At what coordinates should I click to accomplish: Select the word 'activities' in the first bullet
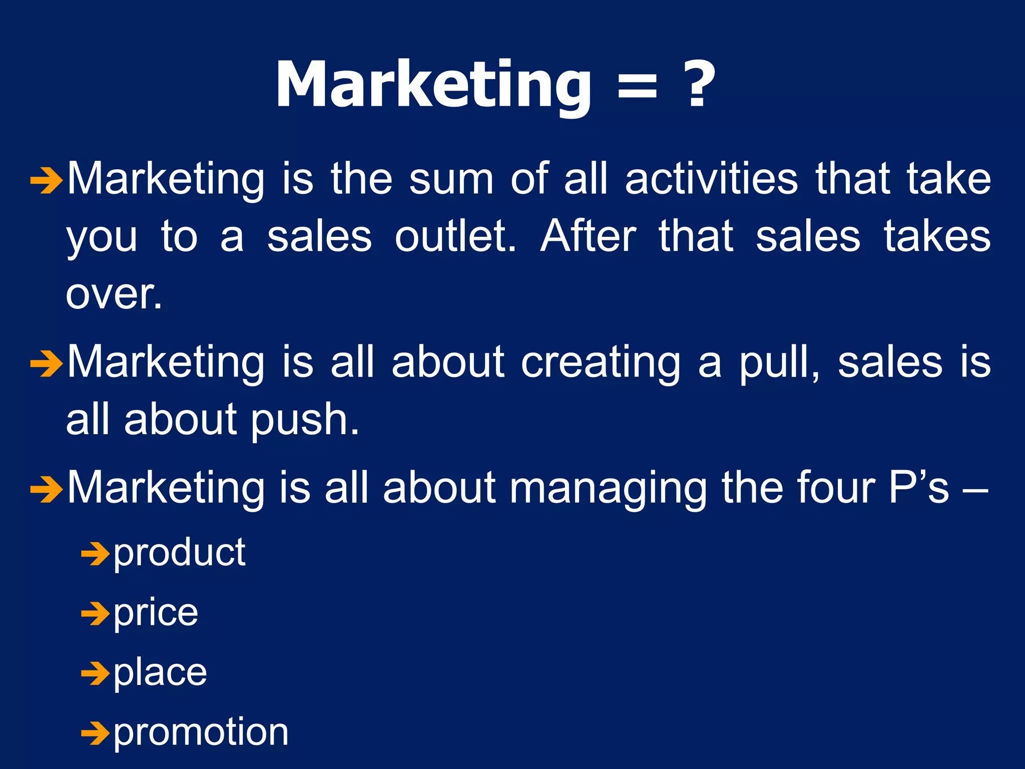coord(711,179)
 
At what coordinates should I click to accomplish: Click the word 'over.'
coord(114,295)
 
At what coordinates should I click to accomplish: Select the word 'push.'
coord(305,421)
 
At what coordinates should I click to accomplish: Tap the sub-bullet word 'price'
coord(156,613)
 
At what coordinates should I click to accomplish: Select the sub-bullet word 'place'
coord(160,673)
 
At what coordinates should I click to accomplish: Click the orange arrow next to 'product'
coord(95,555)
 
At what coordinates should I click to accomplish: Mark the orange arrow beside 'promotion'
coord(95,733)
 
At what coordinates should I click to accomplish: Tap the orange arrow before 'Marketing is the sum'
coord(47,181)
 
